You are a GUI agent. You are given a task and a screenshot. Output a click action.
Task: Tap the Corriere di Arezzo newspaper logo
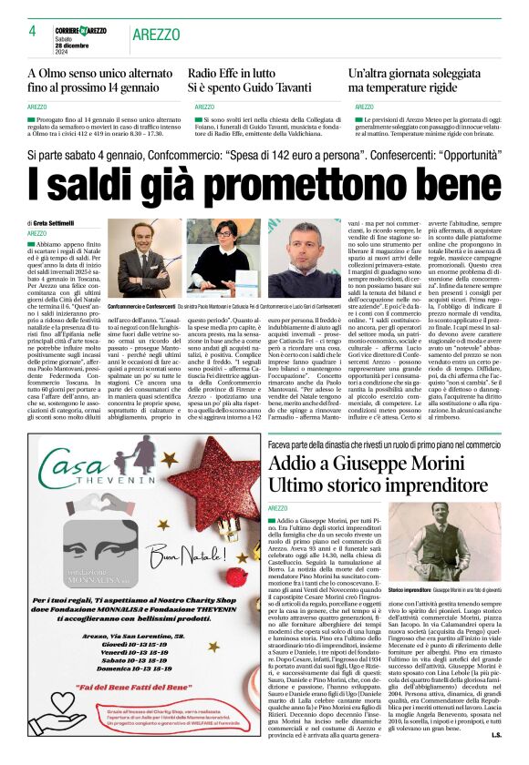(x=81, y=30)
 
